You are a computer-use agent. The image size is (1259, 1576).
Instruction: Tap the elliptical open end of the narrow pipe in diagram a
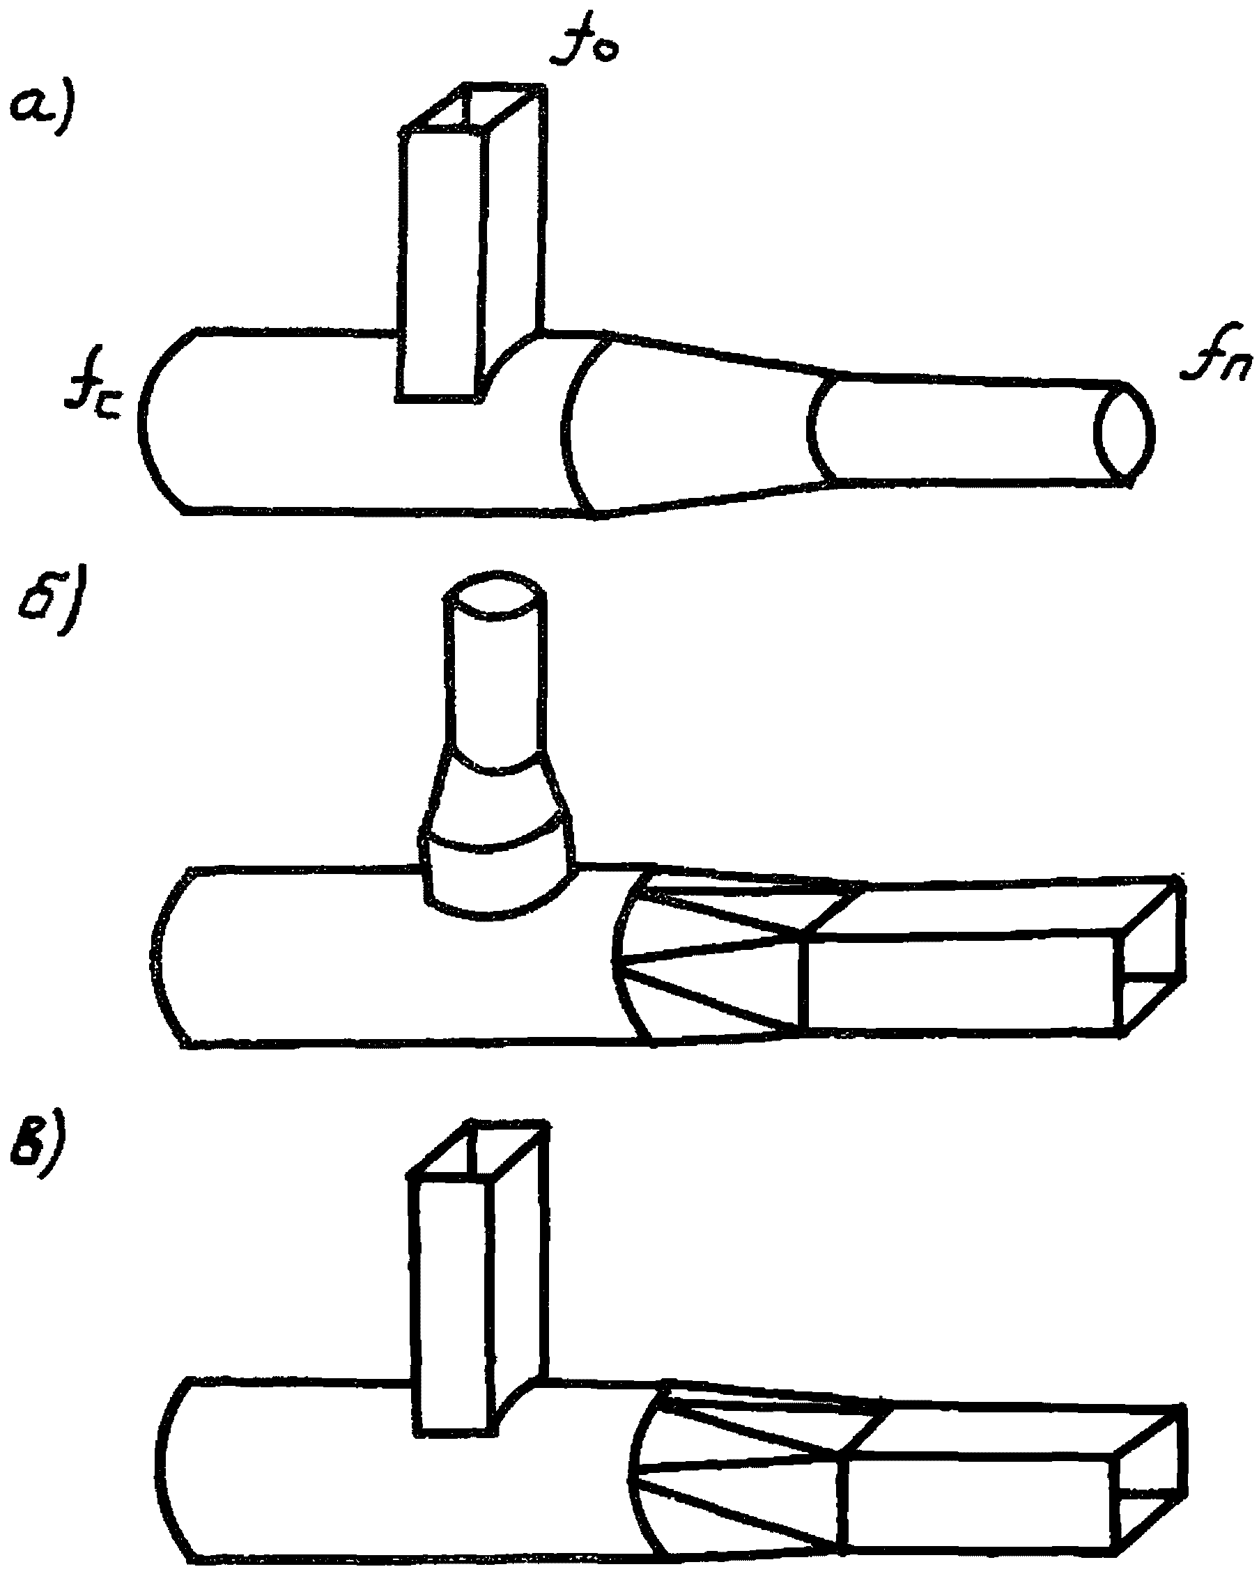tap(1125, 432)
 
